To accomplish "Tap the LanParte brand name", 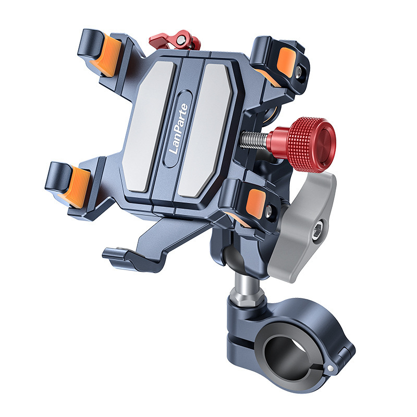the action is [x=178, y=129].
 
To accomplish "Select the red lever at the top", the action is [x=175, y=41].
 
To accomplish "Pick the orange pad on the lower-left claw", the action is [x=75, y=188].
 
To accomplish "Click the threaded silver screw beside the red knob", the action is [x=254, y=139].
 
